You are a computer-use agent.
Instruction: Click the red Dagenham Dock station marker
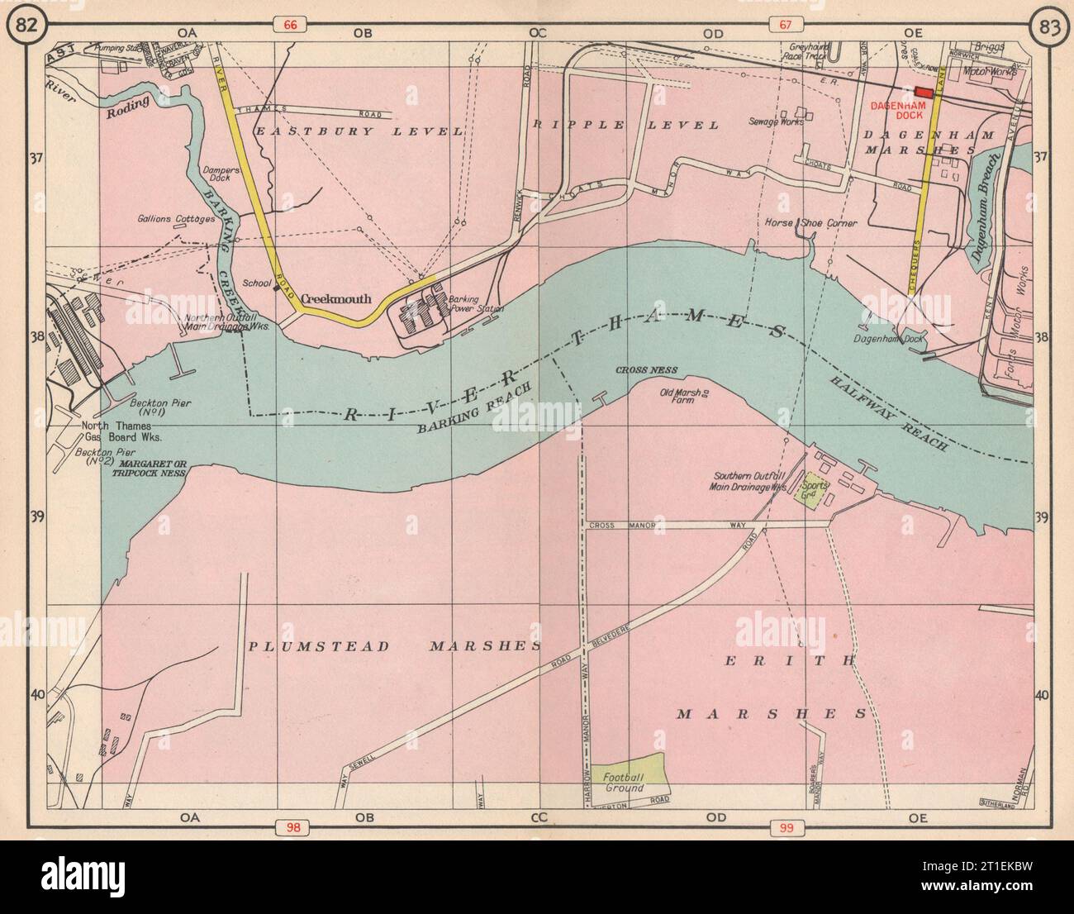pos(923,93)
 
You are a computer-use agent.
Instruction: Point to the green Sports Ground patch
pos(810,492)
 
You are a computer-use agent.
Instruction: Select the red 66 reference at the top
pos(288,26)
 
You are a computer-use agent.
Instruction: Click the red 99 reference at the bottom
pos(782,826)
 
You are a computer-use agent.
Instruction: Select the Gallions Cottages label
pos(176,220)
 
